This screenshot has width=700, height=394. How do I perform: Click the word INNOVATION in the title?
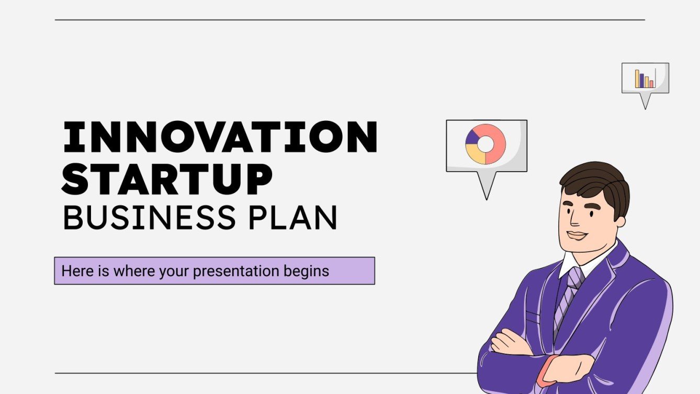tap(219, 137)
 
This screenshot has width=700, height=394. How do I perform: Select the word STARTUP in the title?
tap(167, 178)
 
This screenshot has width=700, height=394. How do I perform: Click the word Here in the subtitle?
tap(73, 271)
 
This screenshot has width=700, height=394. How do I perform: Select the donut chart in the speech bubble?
tap(486, 144)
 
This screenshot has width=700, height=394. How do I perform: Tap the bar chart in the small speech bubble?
tap(644, 78)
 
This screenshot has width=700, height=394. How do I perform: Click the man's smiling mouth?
tap(578, 235)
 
